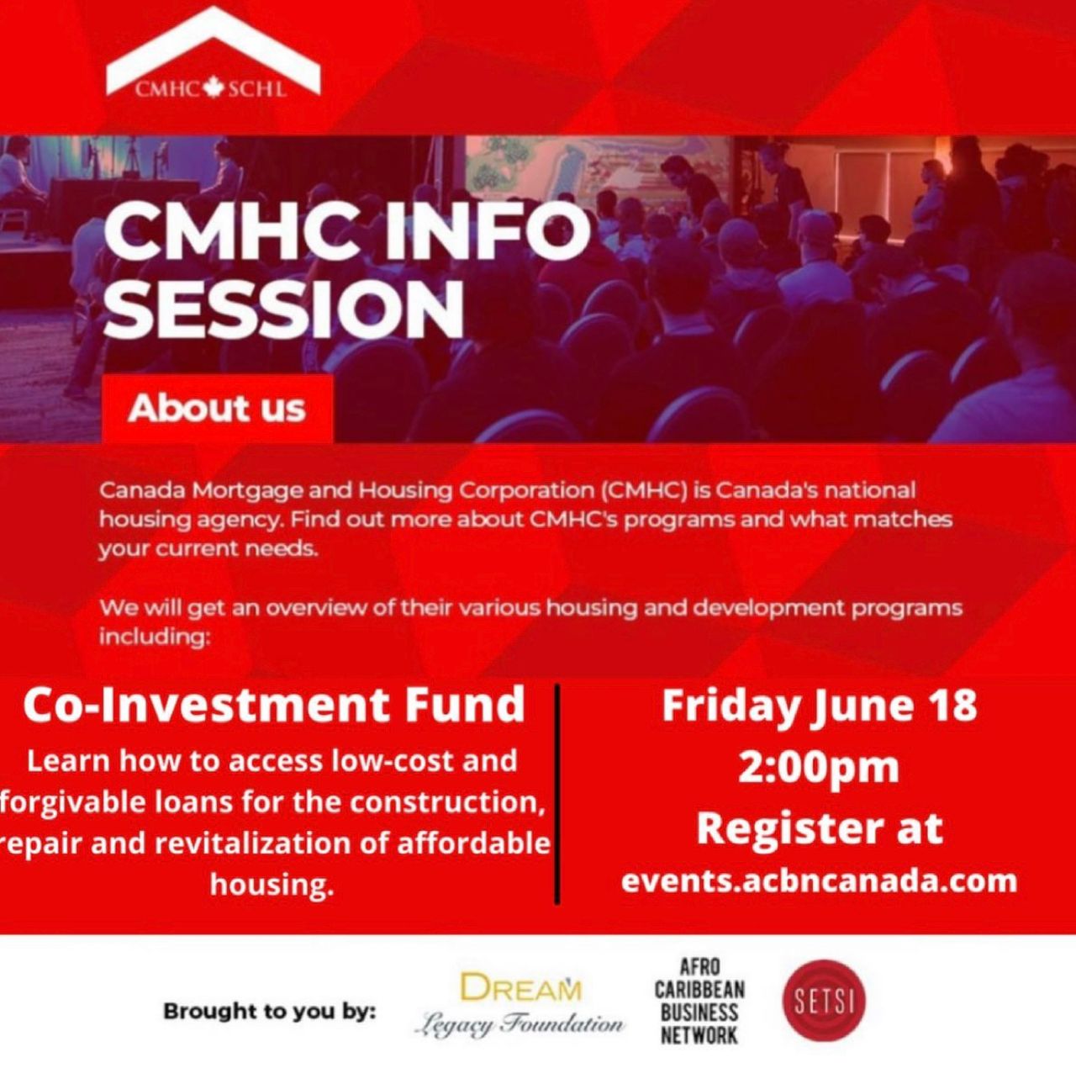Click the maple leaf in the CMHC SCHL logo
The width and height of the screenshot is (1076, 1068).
pyautogui.click(x=213, y=89)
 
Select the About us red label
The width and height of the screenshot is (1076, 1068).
pyautogui.click(x=217, y=408)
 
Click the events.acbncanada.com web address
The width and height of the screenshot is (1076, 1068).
pyautogui.click(x=819, y=880)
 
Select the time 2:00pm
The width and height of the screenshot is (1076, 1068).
pyautogui.click(x=819, y=767)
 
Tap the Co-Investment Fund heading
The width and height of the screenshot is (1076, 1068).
pyautogui.click(x=273, y=706)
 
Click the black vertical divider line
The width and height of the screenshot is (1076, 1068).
pyautogui.click(x=556, y=794)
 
